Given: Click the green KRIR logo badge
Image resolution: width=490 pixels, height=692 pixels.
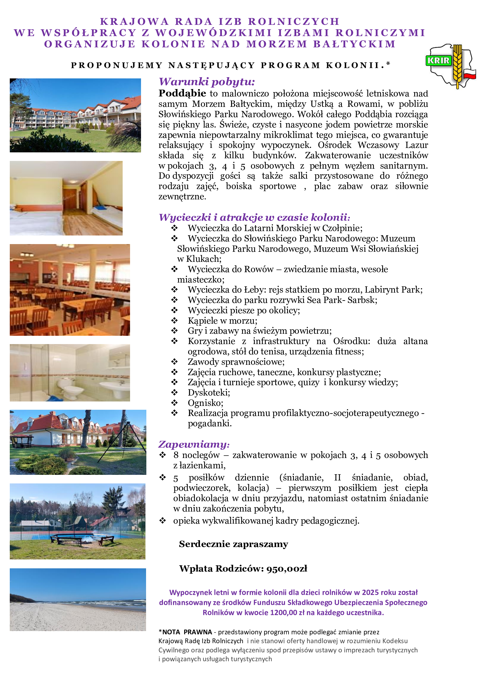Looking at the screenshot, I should coord(438,60).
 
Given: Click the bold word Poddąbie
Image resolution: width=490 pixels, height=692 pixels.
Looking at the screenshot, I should coord(182,93).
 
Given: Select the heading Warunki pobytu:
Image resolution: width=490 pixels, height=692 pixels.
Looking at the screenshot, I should coord(207,82).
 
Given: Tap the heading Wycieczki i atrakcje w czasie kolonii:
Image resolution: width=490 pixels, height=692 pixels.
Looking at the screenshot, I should coord(254,217).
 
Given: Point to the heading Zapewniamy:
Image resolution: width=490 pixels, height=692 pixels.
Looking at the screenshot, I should coord(194,444).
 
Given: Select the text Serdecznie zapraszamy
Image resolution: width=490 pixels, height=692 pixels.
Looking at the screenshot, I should coord(233,544).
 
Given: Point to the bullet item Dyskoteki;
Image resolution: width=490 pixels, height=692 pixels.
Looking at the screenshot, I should coord(209,393).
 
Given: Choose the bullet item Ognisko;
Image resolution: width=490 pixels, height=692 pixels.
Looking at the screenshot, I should coord(206,403).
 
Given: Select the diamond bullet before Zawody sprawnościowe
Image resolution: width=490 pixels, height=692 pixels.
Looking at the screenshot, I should coord(174,362).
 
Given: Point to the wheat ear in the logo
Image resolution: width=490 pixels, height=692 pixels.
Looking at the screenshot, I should coord(457,65).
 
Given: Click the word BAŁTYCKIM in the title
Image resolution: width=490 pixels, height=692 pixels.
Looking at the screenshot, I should coord(354,44).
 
